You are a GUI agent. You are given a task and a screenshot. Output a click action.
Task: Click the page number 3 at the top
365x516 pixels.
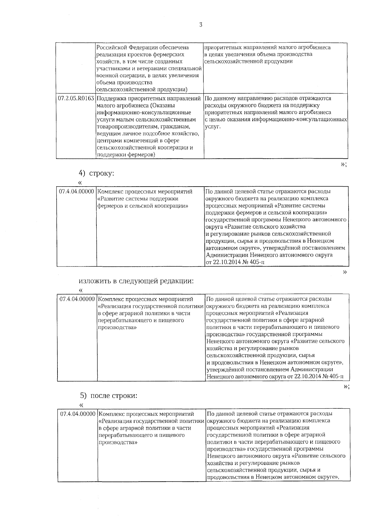(x=200, y=25)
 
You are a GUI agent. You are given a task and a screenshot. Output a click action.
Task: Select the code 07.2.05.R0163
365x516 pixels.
(x=76, y=98)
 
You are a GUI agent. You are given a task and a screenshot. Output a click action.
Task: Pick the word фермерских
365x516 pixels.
(x=170, y=54)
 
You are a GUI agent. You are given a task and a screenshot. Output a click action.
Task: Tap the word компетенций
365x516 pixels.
(x=139, y=141)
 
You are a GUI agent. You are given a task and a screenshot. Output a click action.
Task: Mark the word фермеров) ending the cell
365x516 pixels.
(x=141, y=155)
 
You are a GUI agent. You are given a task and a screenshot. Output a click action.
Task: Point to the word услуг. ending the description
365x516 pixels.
(x=212, y=126)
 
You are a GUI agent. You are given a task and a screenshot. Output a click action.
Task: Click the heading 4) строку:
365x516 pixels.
(x=96, y=174)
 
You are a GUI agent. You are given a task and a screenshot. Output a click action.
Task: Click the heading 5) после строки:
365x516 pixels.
(x=109, y=396)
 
